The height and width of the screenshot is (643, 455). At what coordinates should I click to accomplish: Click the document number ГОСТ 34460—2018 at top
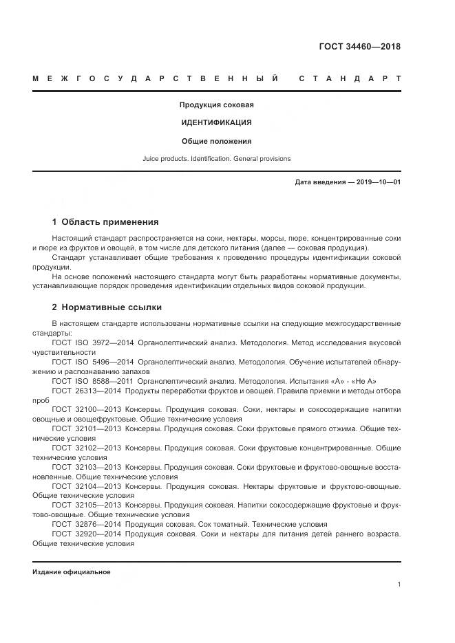pyautogui.click(x=359, y=47)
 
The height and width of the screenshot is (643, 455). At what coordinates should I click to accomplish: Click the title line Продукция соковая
pyautogui.click(x=217, y=105)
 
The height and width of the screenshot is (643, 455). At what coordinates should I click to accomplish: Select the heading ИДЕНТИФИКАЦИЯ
pyautogui.click(x=216, y=122)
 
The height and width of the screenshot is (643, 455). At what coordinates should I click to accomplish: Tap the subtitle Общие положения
pyautogui.click(x=216, y=141)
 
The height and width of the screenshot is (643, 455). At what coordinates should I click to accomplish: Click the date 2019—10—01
pyautogui.click(x=377, y=182)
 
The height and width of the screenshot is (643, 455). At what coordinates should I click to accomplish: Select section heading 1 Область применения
pyautogui.click(x=105, y=222)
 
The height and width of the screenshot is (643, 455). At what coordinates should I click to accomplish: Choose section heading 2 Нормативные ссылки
pyautogui.click(x=107, y=307)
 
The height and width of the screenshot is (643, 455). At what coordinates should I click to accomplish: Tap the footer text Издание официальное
pyautogui.click(x=72, y=572)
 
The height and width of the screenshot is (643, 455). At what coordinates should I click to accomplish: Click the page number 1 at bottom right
pyautogui.click(x=399, y=585)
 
